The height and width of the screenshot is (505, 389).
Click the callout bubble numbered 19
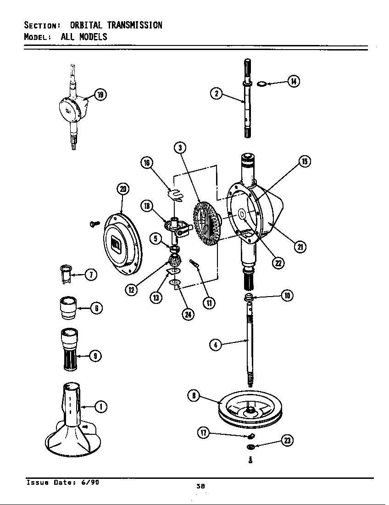click(100, 95)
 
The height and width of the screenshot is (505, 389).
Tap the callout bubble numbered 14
click(293, 82)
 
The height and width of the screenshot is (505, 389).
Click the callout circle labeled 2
click(217, 94)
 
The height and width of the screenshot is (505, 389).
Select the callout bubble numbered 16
click(147, 163)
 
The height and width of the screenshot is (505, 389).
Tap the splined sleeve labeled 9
click(68, 349)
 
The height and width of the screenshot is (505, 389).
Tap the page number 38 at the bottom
click(200, 486)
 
